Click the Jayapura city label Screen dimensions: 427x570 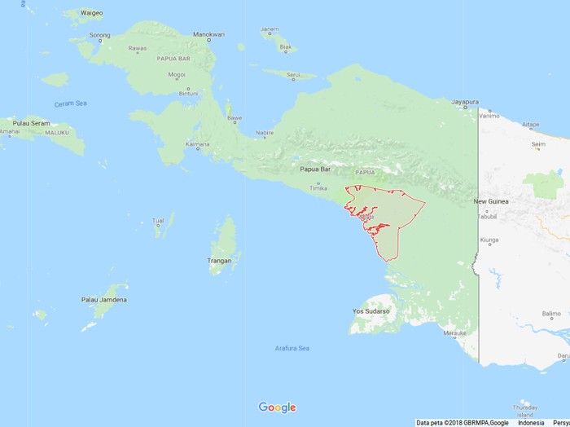tap(465, 102)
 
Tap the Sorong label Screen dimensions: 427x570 tap(99, 35)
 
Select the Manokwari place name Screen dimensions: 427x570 tap(208, 34)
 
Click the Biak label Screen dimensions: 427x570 tap(285, 48)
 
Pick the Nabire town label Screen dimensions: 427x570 tap(265, 132)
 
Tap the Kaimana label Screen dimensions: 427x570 tap(198, 145)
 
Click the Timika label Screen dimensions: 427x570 tap(318, 187)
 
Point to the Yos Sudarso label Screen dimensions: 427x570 tap(370, 311)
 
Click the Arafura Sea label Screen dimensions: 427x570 tap(291, 349)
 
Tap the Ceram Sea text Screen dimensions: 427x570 tap(70, 103)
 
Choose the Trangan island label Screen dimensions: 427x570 tap(220, 261)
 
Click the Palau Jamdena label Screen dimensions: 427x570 tap(103, 300)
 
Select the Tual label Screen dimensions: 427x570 tap(158, 220)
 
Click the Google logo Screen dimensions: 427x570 tap(277, 407)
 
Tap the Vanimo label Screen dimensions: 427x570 tap(489, 116)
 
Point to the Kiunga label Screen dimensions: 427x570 tap(489, 240)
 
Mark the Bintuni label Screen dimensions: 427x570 tap(189, 94)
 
